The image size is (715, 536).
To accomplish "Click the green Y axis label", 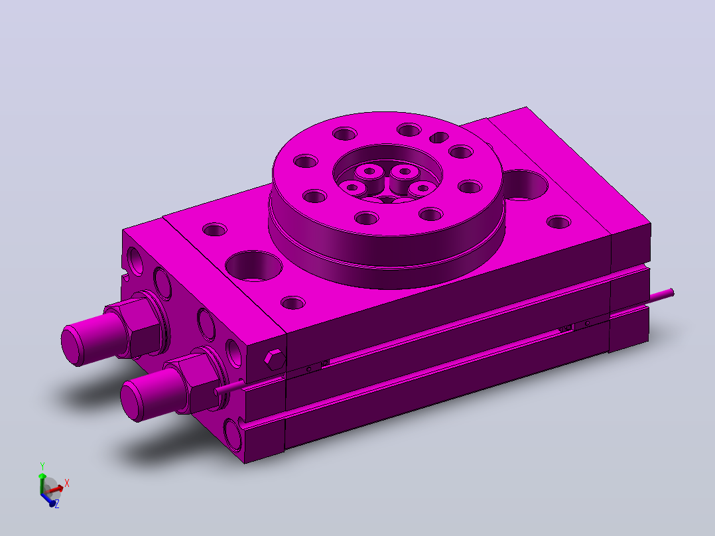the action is (x=42, y=466).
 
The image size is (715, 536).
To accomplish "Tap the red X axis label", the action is (x=67, y=483).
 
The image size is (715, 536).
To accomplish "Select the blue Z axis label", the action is (x=57, y=504).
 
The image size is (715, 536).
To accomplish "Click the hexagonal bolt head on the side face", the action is (x=275, y=360).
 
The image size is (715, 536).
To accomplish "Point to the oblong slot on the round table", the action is (x=439, y=137).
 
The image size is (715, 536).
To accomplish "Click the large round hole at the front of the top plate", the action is (x=254, y=265).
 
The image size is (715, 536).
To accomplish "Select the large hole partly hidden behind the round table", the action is (x=525, y=185).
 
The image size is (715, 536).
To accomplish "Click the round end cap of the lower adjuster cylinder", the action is (x=132, y=402).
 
